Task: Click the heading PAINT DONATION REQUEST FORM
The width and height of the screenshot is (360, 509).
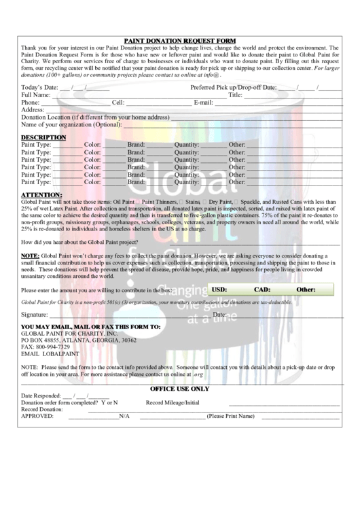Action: (x=179, y=41)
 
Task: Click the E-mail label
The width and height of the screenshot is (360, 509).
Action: (x=204, y=103)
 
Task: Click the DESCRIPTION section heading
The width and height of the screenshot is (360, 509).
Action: (x=43, y=137)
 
